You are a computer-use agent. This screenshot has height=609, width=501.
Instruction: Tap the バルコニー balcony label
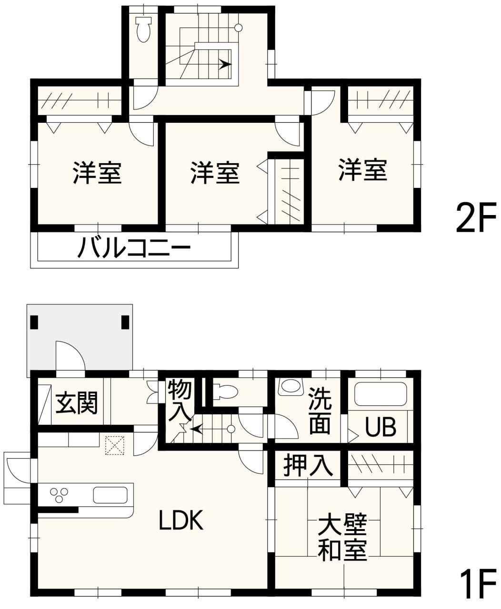pyautogui.click(x=134, y=247)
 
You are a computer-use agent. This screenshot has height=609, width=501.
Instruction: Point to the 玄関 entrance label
pyautogui.click(x=77, y=403)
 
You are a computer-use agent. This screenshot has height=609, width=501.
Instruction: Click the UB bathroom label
pyautogui.click(x=381, y=427)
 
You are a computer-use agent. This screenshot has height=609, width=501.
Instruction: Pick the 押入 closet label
pyautogui.click(x=308, y=465)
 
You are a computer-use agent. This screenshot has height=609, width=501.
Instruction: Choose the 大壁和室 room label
pyautogui.click(x=342, y=537)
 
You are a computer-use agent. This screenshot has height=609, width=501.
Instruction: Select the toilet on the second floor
pyautogui.click(x=143, y=29)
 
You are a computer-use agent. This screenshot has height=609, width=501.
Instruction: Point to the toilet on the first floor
pyautogui.click(x=225, y=392)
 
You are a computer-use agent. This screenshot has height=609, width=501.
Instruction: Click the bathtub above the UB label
pyautogui.click(x=381, y=394)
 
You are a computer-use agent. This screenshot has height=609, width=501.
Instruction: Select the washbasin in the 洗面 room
pyautogui.click(x=290, y=386)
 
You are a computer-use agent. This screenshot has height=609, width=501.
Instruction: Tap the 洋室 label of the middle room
pyautogui.click(x=215, y=173)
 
